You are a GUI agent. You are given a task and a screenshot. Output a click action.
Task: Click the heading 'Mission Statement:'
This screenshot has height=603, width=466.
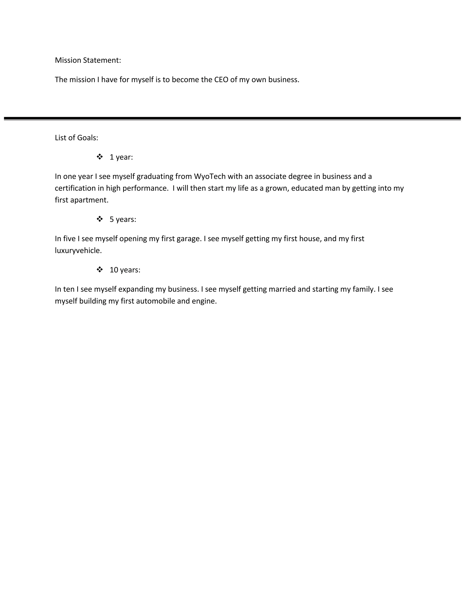coord(88,60)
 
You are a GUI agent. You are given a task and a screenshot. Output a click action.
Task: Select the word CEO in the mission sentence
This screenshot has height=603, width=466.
coord(221,79)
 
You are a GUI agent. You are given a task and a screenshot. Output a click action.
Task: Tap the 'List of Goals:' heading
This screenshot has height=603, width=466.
coord(76,138)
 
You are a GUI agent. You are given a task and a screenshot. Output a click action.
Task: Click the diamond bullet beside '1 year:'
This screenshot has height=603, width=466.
coord(100,157)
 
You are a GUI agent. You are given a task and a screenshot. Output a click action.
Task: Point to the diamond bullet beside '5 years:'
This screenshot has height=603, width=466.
coord(100,219)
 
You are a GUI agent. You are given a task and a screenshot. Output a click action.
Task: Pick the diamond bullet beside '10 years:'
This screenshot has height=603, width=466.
coord(100,269)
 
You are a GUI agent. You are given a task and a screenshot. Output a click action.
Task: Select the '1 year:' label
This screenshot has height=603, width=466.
coord(121,157)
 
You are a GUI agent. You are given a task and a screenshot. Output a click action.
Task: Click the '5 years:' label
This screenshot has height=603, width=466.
coord(123,219)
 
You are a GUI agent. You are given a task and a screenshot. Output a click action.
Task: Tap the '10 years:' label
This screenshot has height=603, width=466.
coord(125,270)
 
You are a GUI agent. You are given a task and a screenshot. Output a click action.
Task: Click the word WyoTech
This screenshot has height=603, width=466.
coord(210,176)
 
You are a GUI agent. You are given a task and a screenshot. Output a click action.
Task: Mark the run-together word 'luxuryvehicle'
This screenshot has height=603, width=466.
coord(78,251)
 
